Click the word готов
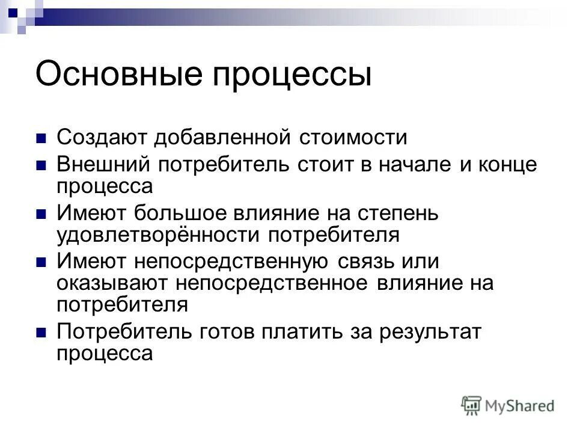tap(227, 331)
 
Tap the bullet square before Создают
tap(41, 138)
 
